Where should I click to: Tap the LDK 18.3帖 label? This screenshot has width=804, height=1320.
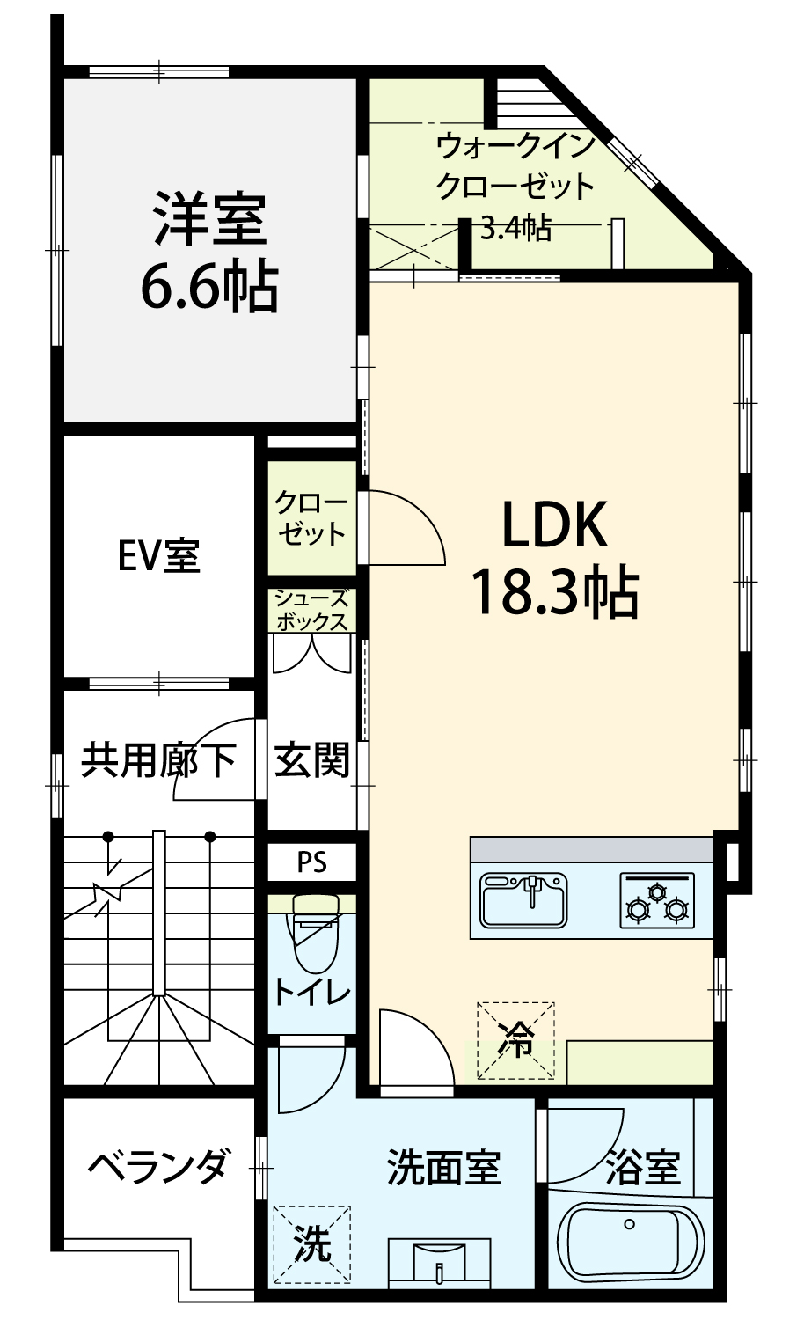555,558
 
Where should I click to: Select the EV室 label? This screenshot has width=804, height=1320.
159,555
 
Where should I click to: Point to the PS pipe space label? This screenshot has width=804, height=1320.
311,862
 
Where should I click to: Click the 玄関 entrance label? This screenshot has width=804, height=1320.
311,759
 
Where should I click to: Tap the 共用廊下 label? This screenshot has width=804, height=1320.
158,759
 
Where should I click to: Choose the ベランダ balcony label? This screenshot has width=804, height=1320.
157,1178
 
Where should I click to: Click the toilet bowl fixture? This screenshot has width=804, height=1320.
316,934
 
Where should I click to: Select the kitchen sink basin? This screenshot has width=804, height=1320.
523,898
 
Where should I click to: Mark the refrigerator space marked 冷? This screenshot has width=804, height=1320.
515,1041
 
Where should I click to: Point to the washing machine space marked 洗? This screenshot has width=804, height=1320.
312,1244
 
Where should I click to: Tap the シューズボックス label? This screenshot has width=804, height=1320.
311,611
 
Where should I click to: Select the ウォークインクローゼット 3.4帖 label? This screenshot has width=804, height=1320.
515,187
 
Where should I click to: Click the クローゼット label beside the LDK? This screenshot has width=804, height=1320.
311,518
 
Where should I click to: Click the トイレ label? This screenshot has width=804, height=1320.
311,993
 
